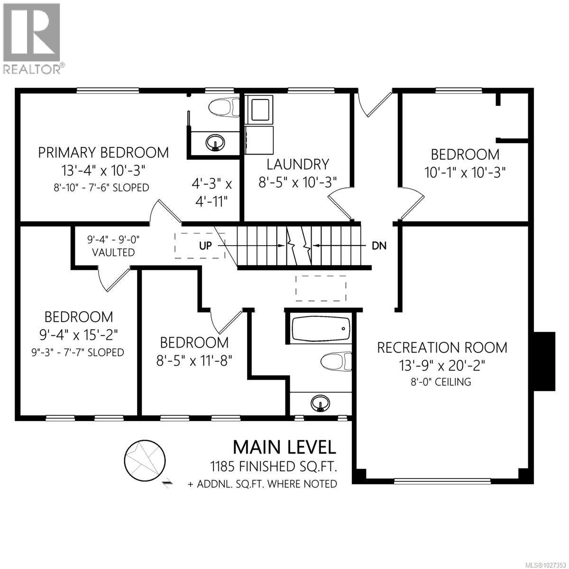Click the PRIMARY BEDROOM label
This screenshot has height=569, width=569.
[103, 152]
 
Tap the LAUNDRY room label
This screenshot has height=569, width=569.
[298, 164]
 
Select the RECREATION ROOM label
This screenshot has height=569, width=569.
[442, 347]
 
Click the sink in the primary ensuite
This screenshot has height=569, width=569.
[215, 142]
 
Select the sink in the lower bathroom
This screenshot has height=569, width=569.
[321, 404]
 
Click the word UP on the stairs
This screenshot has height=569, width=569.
[205, 246]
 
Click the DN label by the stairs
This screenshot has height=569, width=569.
[379, 246]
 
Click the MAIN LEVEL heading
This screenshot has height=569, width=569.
[284, 447]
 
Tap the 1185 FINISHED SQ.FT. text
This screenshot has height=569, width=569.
[274, 467]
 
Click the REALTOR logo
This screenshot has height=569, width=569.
[32, 38]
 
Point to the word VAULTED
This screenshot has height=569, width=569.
[113, 252]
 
